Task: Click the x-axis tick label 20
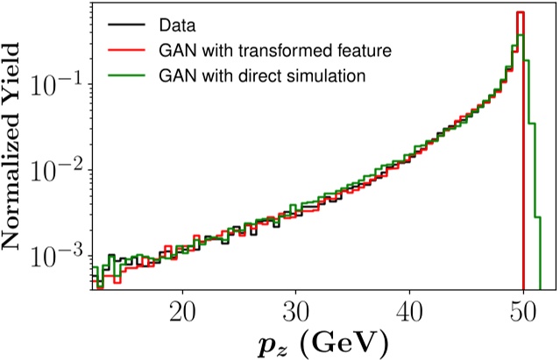(x=182, y=310)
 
